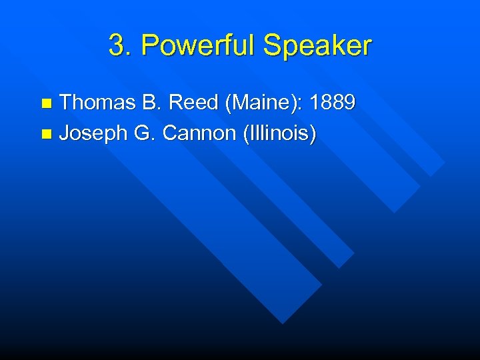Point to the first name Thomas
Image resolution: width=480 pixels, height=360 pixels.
point(97,103)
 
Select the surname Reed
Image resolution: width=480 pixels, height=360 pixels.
point(193,103)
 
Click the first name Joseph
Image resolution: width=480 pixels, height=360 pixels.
point(93,134)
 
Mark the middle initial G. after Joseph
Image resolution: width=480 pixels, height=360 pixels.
point(145,134)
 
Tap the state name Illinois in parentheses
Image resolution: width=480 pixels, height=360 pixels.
point(278,134)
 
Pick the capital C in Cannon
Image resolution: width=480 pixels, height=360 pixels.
point(170,134)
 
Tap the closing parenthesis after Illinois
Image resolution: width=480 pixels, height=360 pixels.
point(313,134)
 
